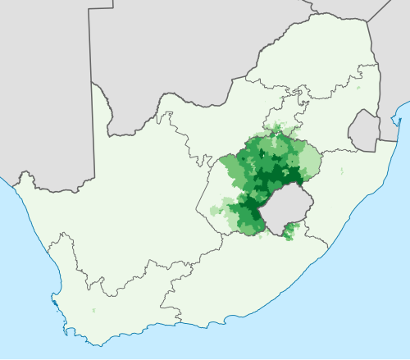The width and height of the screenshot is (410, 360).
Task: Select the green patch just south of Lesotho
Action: [x=288, y=235]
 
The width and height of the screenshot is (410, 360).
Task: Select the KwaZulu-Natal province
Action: [x=344, y=189]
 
